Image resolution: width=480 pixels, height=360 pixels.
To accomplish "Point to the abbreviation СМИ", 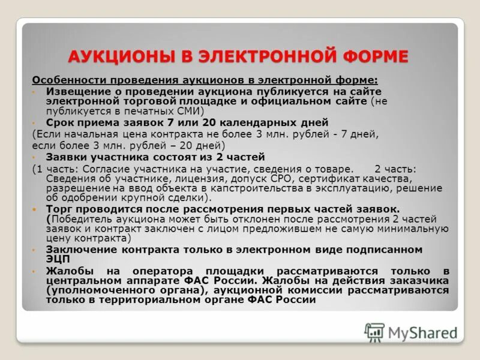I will tap(192, 111).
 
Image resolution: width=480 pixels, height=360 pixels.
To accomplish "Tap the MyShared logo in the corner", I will tap(410, 332).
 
